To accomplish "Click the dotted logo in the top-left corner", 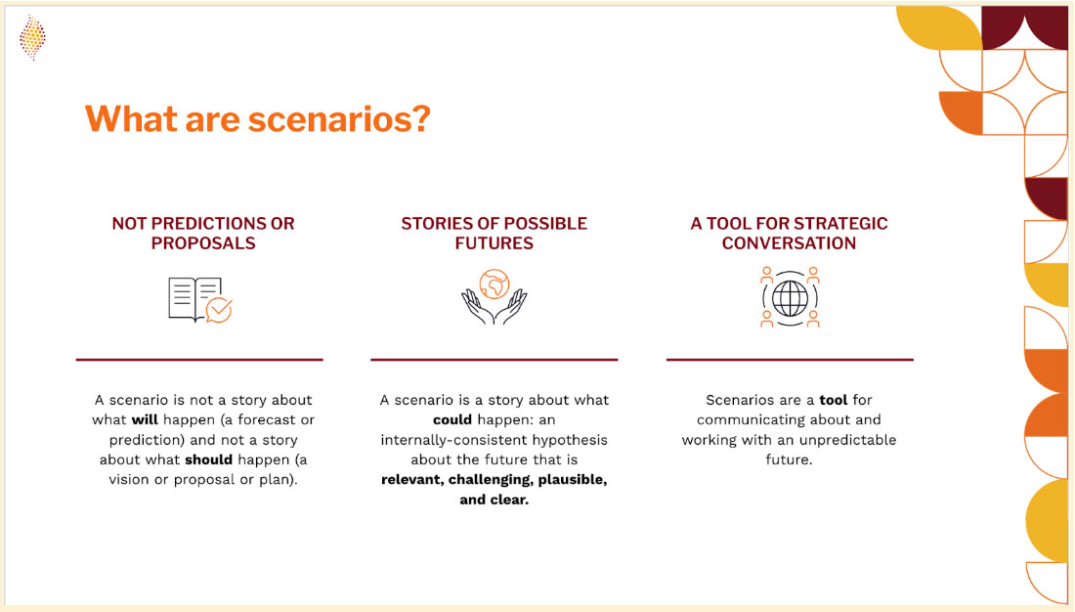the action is [32, 38].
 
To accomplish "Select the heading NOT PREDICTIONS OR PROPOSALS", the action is [203, 234].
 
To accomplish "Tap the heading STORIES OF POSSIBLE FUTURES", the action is [494, 234].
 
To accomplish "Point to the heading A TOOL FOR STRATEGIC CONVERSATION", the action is [789, 234].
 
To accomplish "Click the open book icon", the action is [194, 299].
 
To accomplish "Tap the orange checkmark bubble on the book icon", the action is [219, 310].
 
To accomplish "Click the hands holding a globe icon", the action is [494, 296].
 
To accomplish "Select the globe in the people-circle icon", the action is [790, 298].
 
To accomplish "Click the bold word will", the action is [145, 419].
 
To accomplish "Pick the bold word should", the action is [208, 459].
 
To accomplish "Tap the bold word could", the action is [452, 419].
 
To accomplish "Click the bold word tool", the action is [834, 399].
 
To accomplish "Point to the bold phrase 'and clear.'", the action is [494, 500].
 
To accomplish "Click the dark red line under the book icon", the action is [199, 359].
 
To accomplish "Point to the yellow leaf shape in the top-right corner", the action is [939, 28].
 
